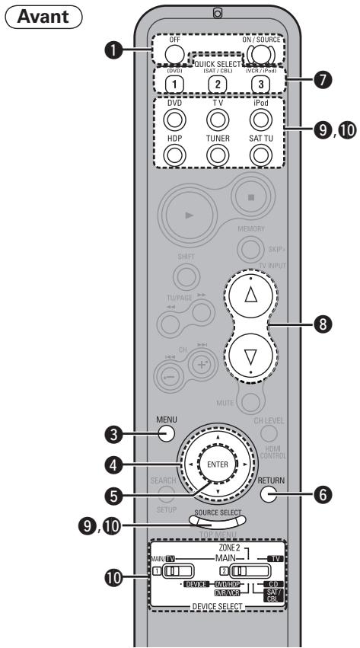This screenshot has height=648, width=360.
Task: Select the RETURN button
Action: click(266, 494)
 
